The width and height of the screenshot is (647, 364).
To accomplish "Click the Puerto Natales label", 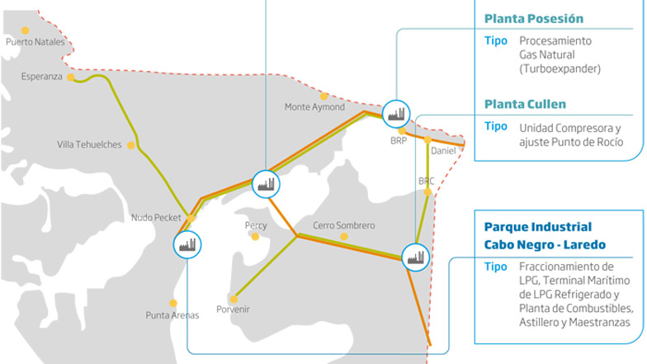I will point(35,42).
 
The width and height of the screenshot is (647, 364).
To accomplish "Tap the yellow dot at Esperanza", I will point(71,78).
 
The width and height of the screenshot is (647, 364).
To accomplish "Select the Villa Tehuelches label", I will point(89,144).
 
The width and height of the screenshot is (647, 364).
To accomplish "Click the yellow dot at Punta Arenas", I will point(172,303).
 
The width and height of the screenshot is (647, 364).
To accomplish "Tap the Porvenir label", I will point(232,310).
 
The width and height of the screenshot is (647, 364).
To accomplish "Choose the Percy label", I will point(256,225).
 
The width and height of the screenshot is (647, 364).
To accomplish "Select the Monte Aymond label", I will point(314,106).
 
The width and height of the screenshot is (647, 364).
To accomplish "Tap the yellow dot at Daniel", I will point(427,140).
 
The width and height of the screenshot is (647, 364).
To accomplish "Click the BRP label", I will point(399,140).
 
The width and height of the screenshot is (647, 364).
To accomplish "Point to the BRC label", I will point(427,180).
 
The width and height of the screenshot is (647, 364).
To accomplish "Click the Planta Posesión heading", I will point(534,18).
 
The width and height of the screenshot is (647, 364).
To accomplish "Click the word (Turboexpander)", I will point(560,69).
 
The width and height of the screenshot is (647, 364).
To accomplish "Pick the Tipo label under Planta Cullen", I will point(495,127).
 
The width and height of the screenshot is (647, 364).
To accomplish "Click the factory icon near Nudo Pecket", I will point(187,243).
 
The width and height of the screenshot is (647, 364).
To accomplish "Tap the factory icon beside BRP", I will point(396,113).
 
